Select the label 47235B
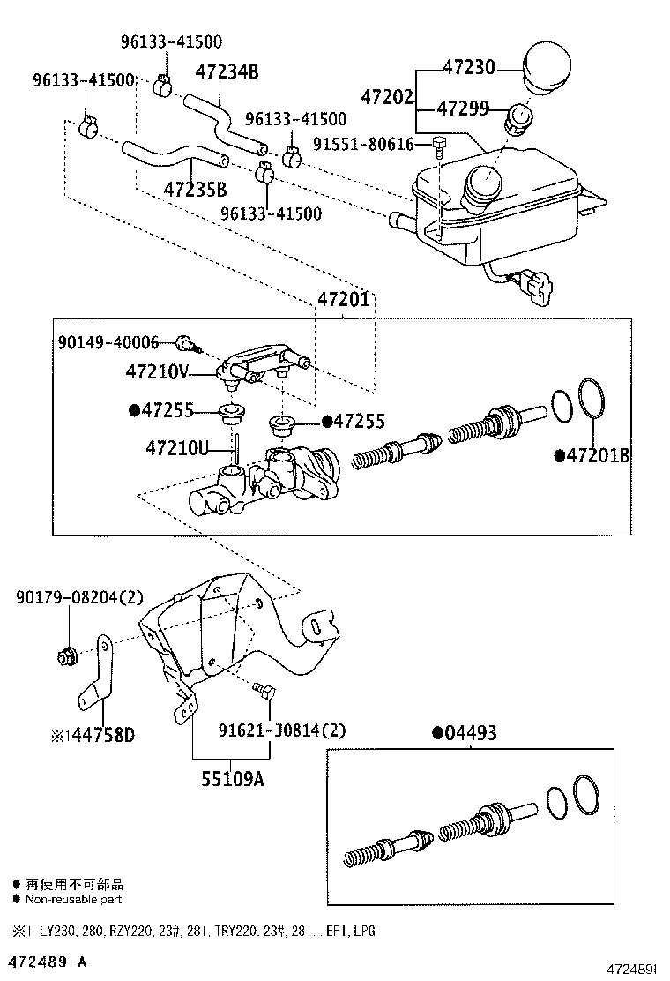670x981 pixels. click(x=195, y=189)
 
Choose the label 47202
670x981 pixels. click(x=387, y=96)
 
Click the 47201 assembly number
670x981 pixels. click(x=344, y=299)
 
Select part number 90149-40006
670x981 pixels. click(x=109, y=342)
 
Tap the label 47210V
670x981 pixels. click(x=157, y=372)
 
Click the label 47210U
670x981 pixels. click(x=177, y=449)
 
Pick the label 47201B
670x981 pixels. click(x=598, y=455)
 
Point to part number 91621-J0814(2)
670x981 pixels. click(x=282, y=730)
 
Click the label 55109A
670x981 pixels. click(x=233, y=778)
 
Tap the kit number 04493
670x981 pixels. click(x=469, y=732)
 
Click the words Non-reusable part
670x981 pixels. click(x=73, y=899)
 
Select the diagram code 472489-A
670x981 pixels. click(x=48, y=960)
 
